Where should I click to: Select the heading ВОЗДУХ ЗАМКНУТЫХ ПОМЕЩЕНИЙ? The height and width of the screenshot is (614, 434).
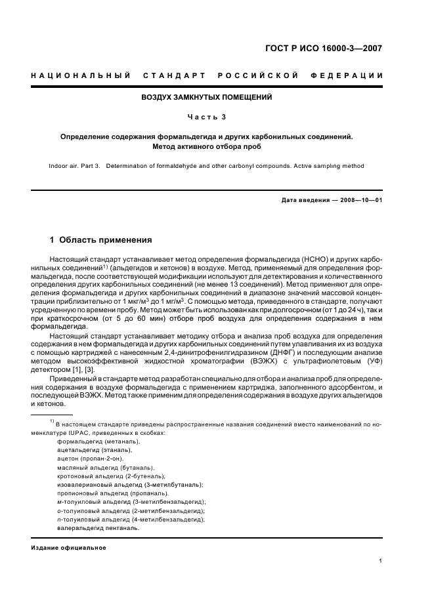(207, 97)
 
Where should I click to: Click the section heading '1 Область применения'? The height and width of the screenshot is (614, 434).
(101, 240)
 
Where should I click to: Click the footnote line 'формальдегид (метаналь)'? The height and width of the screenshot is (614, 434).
(95, 441)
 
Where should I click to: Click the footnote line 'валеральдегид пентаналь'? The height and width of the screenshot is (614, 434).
(97, 527)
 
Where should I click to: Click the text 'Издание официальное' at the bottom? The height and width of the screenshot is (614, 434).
(68, 547)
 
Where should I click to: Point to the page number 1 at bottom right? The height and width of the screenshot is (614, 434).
(381, 561)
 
